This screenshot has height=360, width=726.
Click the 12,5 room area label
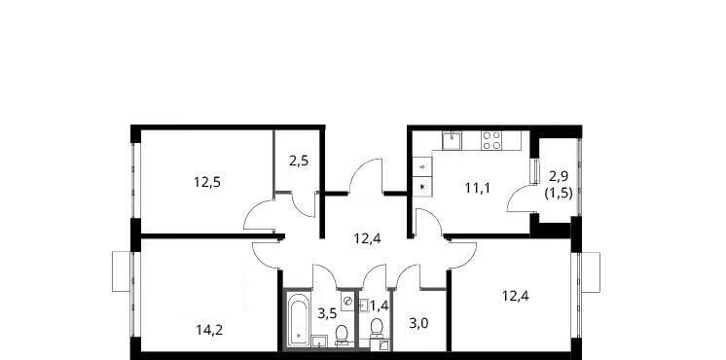point(207,182)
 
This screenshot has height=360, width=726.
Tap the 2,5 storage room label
point(299,162)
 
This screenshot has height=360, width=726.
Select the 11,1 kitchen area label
point(478,188)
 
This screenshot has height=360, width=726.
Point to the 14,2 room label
point(209,330)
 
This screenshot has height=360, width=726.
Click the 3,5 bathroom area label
point(326,312)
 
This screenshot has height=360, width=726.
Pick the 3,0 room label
point(418,322)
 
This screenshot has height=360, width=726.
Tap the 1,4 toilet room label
point(379,305)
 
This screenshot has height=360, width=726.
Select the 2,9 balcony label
point(559,176)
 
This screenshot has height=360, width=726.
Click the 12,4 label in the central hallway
point(368,238)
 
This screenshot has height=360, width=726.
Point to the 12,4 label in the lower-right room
point(516,295)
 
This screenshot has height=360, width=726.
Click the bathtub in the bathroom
point(298,320)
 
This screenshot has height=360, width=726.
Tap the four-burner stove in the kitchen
point(491,140)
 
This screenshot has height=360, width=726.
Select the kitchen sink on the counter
point(452,141)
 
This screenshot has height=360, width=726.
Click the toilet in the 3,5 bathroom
point(343,336)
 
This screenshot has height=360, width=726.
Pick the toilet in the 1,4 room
point(377,329)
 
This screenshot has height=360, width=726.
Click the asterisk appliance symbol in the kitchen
point(422,187)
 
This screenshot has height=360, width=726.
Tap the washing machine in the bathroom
point(347,302)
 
